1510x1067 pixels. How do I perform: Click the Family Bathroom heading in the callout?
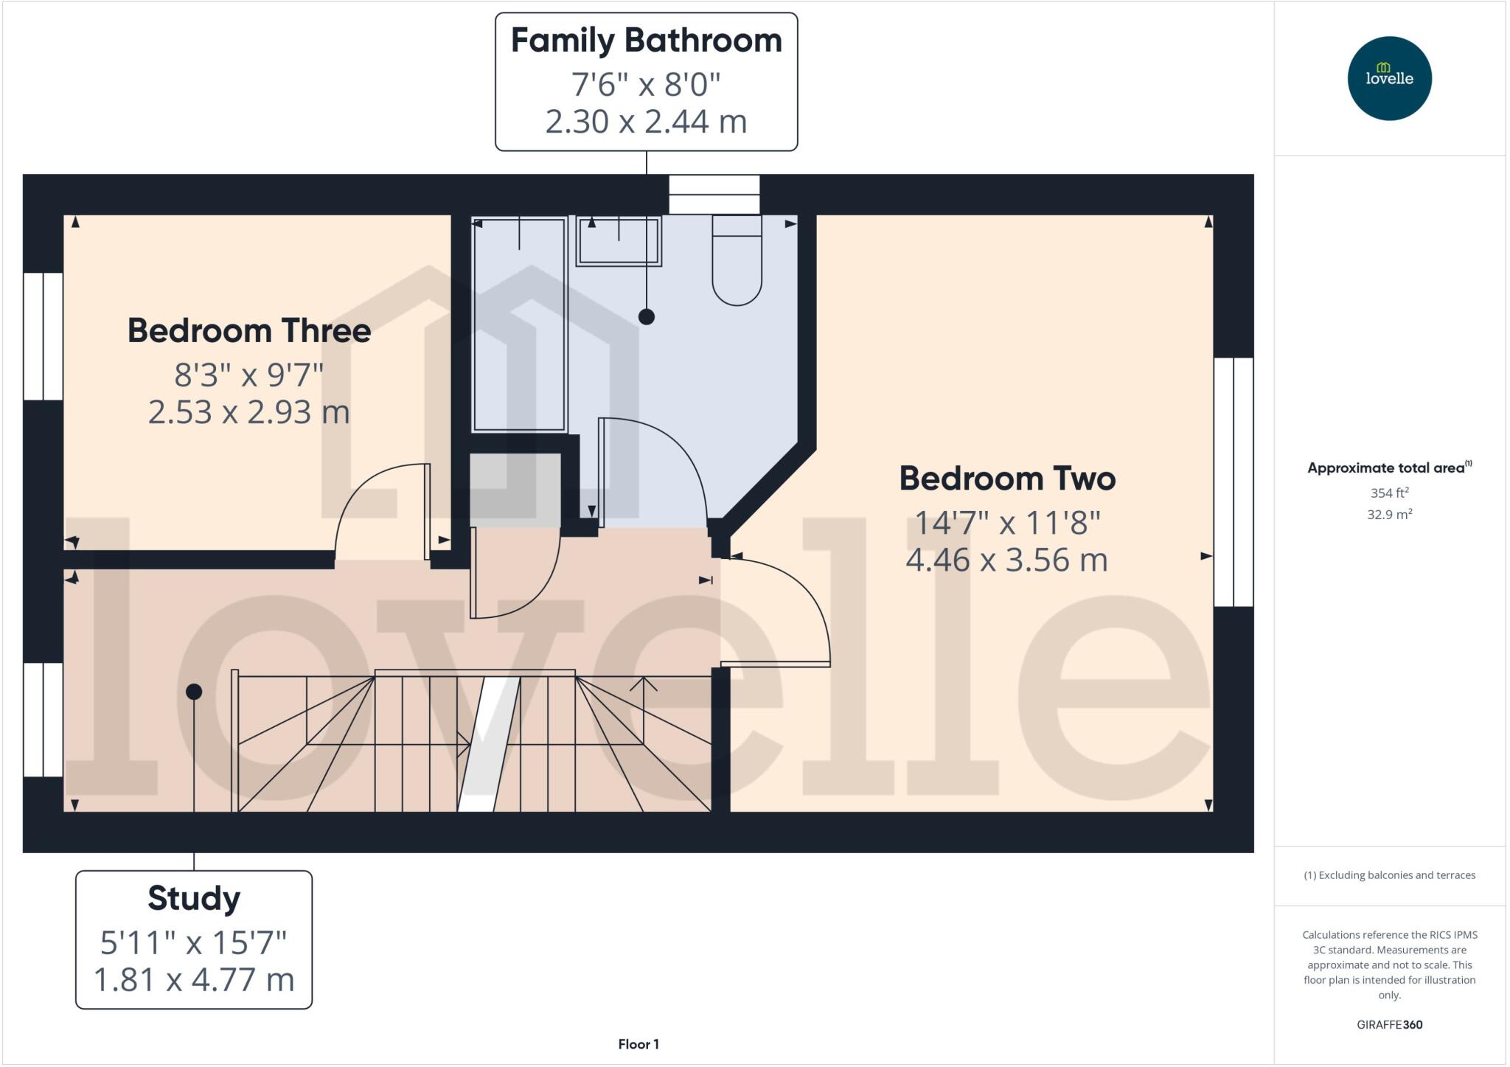[646, 41]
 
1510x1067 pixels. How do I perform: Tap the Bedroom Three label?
[249, 330]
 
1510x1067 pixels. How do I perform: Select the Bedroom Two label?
[1006, 479]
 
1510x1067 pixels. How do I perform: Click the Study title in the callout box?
[194, 898]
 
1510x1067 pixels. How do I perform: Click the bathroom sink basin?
[619, 241]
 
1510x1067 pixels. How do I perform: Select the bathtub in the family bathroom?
[519, 324]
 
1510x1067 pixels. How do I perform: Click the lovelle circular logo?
[1389, 78]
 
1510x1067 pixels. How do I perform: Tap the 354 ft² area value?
[1389, 493]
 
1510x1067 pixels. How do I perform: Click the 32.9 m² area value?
[1389, 515]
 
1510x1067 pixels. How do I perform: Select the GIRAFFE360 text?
[1389, 1024]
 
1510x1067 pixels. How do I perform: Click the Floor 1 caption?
[639, 1044]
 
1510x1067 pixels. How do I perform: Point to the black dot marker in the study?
[194, 692]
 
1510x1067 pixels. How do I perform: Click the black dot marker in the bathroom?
[647, 317]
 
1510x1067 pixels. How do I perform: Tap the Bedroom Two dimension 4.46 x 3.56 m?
[1006, 560]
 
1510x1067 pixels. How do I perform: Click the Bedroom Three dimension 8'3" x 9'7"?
[249, 375]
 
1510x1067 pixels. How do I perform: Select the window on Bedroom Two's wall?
[1234, 482]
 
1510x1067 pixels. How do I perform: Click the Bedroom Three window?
[44, 336]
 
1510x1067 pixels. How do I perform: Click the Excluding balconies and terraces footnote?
[1389, 875]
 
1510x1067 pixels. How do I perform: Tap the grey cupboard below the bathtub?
[515, 490]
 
